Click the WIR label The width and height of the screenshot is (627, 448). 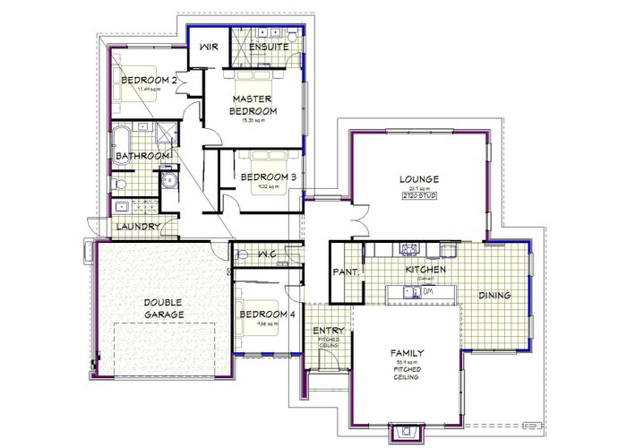tap(210, 47)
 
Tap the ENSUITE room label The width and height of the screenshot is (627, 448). tap(268, 47)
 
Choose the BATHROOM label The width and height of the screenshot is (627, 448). tap(142, 157)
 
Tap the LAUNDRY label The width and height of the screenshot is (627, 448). tap(139, 227)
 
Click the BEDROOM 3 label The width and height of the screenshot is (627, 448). tap(268, 177)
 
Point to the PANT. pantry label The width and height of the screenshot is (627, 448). tap(346, 271)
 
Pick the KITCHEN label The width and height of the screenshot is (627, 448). tap(425, 269)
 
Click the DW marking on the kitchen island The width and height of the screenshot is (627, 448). tap(428, 291)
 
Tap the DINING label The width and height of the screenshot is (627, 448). tap(494, 295)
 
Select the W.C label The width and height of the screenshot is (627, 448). tap(266, 255)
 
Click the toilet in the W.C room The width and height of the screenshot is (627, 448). tap(243, 255)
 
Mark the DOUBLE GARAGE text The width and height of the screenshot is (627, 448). tap(164, 309)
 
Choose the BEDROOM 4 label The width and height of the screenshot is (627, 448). tap(267, 314)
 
